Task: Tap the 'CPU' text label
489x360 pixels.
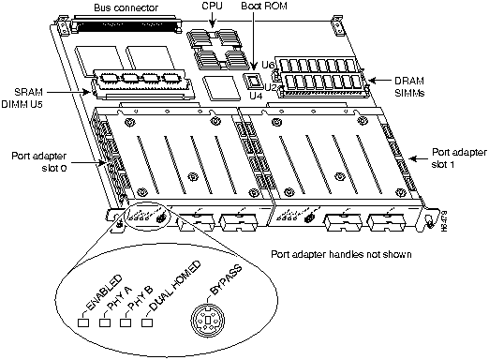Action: point(213,7)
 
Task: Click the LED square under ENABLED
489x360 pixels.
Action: point(83,322)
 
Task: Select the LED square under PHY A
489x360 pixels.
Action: point(104,322)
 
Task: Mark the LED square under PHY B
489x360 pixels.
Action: point(125,322)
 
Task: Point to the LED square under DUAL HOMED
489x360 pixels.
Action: point(146,322)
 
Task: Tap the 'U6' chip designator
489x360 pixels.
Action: point(268,65)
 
